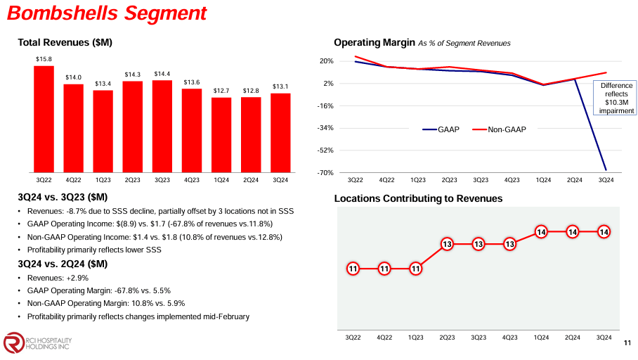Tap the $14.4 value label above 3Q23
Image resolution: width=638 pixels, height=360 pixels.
(x=162, y=73)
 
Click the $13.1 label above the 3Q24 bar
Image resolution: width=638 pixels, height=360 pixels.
(x=280, y=86)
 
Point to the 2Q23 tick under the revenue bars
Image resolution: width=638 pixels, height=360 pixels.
(x=133, y=180)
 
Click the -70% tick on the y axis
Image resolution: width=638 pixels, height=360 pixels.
(x=325, y=172)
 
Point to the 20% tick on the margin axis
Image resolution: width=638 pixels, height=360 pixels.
(x=326, y=61)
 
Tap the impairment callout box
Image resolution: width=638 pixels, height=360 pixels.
(x=616, y=98)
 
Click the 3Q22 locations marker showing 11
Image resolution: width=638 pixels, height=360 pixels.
(x=353, y=269)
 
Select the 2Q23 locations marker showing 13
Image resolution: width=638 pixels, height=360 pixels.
(x=447, y=244)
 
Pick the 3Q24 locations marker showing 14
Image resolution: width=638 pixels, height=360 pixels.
(x=604, y=232)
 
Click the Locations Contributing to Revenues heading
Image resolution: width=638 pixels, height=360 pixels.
(x=418, y=199)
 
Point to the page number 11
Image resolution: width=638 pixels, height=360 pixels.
(x=627, y=342)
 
